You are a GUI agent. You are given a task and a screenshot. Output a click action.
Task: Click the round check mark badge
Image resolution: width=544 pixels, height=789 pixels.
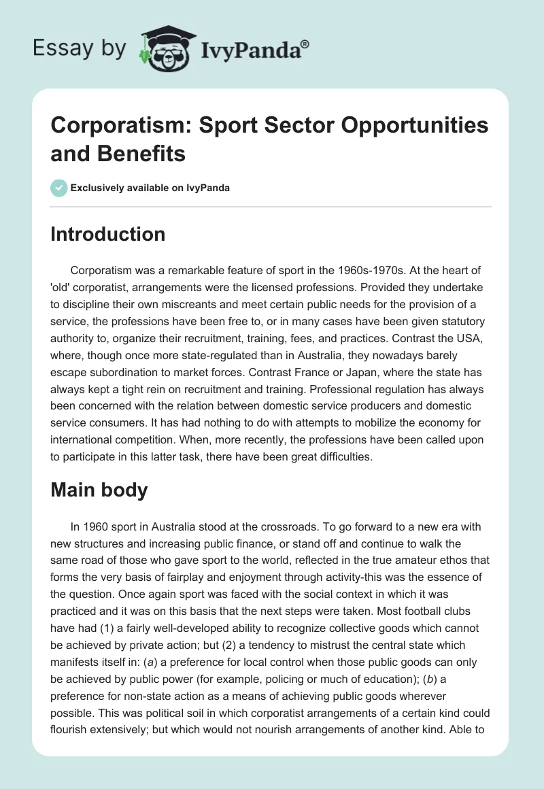pyautogui.click(x=59, y=188)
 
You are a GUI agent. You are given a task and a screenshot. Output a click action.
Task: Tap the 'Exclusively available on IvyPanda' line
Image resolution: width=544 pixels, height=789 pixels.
pyautogui.click(x=150, y=188)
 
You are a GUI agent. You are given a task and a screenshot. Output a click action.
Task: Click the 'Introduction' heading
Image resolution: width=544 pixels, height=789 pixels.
pyautogui.click(x=108, y=234)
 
